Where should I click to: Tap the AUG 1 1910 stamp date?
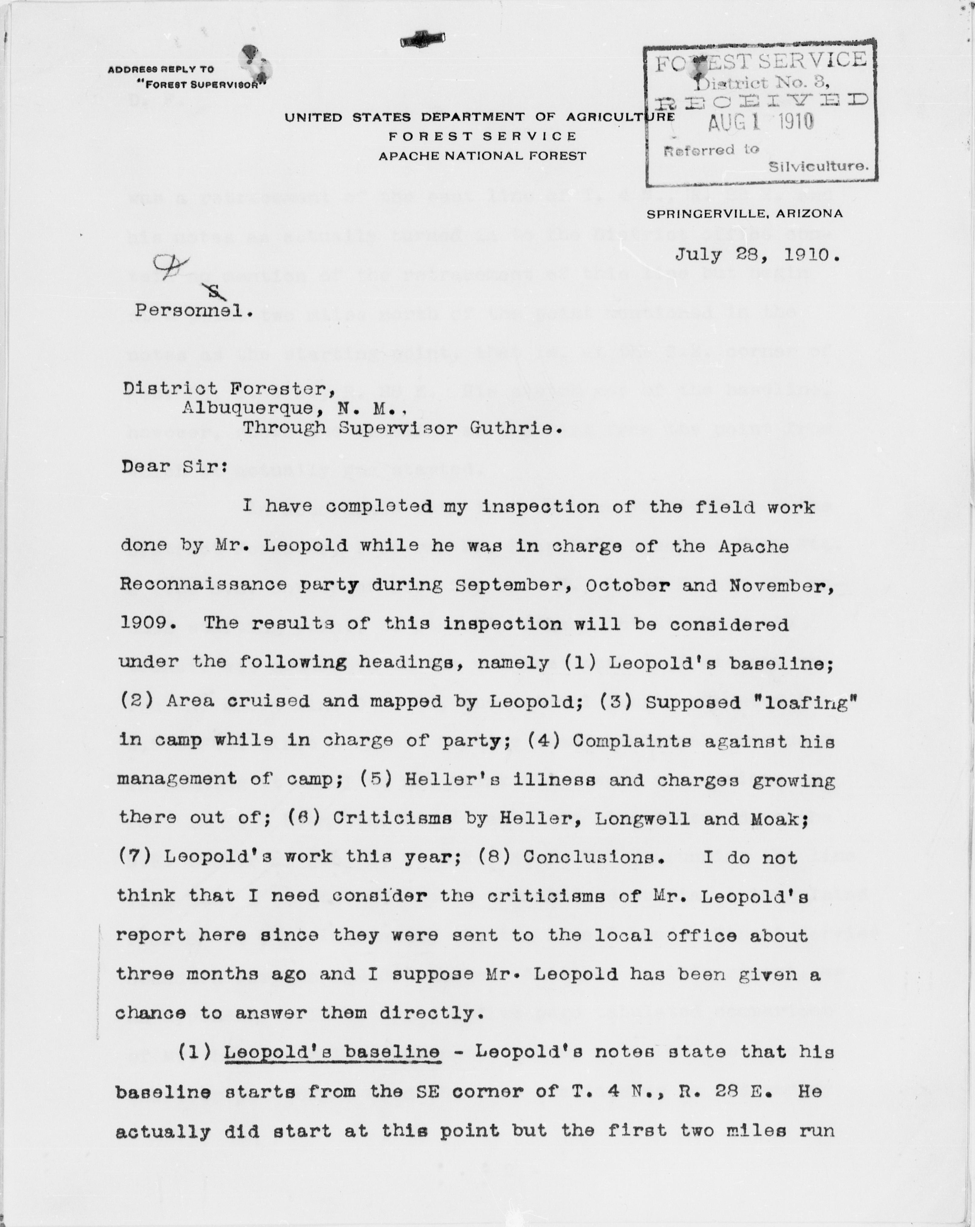coord(761,121)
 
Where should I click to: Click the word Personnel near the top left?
coord(194,311)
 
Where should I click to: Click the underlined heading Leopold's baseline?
coord(332,1052)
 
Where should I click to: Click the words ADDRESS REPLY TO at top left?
coord(161,69)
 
